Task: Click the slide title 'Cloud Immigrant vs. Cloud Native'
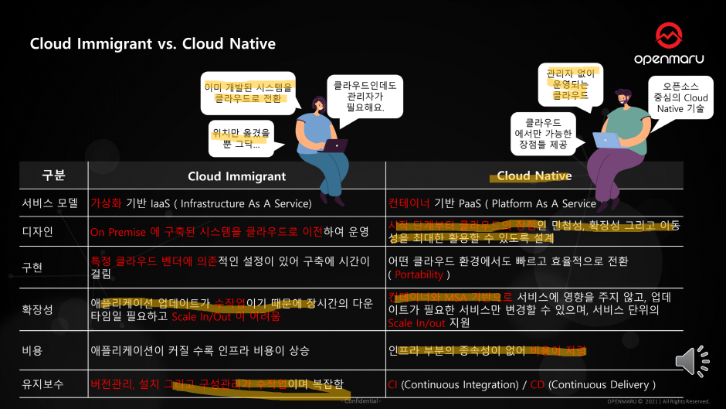coord(152,43)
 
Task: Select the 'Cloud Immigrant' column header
coord(236,176)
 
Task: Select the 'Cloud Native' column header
coord(534,176)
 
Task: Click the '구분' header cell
coord(53,176)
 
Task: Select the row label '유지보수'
coord(42,383)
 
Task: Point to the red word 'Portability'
coord(419,274)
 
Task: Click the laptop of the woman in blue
coord(334,145)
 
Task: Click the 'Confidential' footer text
coord(361,401)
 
